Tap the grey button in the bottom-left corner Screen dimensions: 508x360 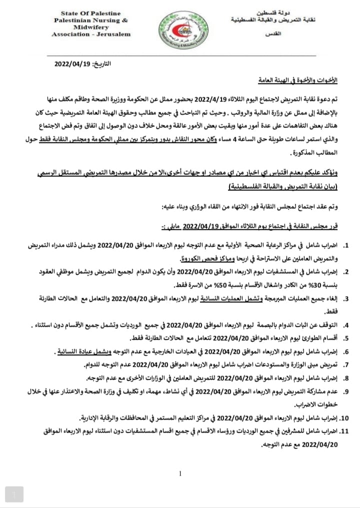[15, 494]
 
